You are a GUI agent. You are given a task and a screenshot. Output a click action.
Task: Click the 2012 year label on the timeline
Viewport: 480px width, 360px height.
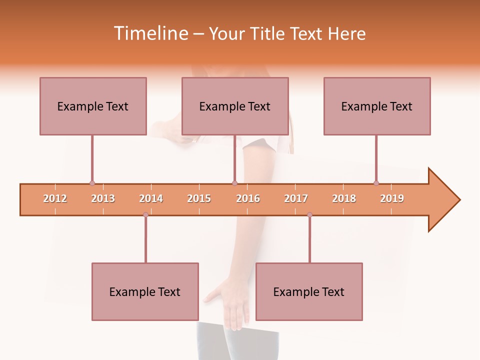pos(55,198)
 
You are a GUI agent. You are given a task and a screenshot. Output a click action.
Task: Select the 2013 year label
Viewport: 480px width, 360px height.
pos(103,198)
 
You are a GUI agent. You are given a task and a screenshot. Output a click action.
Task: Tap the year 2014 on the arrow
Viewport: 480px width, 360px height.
pos(151,198)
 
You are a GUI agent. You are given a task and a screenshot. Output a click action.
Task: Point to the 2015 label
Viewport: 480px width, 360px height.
pos(199,198)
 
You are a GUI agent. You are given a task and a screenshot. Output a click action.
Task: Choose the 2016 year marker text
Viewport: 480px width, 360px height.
pos(248,198)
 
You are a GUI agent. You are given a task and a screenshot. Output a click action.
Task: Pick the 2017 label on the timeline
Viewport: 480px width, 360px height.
pos(296,198)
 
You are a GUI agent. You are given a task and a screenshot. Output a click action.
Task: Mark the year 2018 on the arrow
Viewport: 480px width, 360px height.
pos(344,198)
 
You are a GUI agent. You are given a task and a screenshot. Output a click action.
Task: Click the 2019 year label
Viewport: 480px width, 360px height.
pos(392,198)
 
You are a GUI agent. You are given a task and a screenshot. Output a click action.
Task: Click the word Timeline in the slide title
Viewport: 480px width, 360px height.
pos(149,33)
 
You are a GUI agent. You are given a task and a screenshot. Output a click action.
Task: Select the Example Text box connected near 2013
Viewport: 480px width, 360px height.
pos(93,106)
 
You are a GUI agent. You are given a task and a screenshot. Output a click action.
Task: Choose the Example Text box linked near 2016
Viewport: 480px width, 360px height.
pos(235,106)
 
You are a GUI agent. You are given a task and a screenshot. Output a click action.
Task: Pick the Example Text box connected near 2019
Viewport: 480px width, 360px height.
pos(377,106)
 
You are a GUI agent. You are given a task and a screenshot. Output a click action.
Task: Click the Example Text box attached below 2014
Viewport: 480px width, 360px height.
pos(145,291)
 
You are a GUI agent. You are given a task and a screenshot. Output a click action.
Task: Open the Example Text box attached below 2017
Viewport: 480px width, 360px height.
pos(309,291)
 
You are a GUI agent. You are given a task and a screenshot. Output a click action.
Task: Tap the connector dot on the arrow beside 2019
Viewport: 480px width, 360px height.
pos(376,183)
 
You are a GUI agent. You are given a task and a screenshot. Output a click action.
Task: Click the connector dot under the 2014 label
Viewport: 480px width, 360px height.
pos(145,214)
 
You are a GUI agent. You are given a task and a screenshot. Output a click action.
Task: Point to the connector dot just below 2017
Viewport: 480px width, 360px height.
pos(309,214)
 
